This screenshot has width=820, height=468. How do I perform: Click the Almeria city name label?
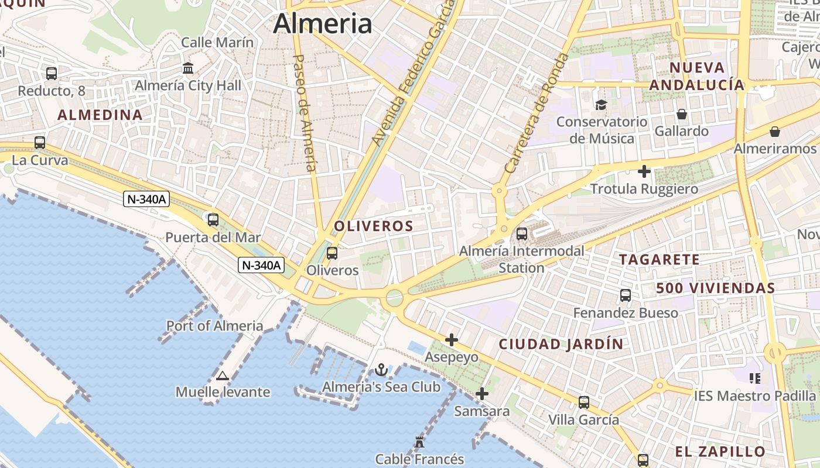pyautogui.click(x=322, y=24)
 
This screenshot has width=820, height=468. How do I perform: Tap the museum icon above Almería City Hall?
pyautogui.click(x=188, y=68)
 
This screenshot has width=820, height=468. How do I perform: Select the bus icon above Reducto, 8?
pyautogui.click(x=52, y=74)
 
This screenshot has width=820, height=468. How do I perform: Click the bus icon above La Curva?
pyautogui.click(x=40, y=143)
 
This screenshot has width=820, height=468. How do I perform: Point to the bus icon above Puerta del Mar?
pyautogui.click(x=213, y=221)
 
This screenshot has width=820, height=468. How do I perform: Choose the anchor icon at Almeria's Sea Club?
pyautogui.click(x=381, y=370)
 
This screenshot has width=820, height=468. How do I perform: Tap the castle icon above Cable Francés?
pyautogui.click(x=419, y=442)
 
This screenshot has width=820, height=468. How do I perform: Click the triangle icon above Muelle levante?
pyautogui.click(x=222, y=376)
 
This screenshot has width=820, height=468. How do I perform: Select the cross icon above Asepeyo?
pyautogui.click(x=451, y=340)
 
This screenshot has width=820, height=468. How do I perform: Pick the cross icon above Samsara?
pyautogui.click(x=482, y=394)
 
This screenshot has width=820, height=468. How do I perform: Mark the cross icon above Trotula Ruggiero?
pyautogui.click(x=644, y=171)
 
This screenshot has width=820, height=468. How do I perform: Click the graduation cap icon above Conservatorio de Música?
pyautogui.click(x=601, y=105)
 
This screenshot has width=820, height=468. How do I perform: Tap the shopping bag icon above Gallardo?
pyautogui.click(x=681, y=113)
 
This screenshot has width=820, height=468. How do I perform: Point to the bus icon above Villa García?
pyautogui.click(x=584, y=402)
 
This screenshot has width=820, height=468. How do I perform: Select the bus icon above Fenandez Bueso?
pyautogui.click(x=626, y=295)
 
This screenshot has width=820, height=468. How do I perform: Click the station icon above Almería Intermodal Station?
pyautogui.click(x=522, y=234)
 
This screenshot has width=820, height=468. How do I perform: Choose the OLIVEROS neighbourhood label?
pyautogui.click(x=374, y=226)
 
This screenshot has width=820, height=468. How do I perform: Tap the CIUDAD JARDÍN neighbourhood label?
pyautogui.click(x=561, y=344)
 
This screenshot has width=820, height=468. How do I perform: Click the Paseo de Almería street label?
pyautogui.click(x=305, y=113)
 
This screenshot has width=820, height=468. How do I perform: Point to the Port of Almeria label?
pyautogui.click(x=215, y=326)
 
